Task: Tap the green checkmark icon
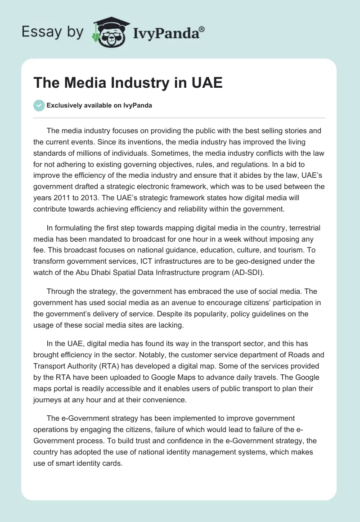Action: click(39, 105)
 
